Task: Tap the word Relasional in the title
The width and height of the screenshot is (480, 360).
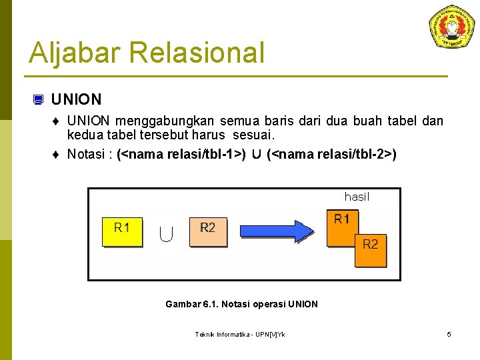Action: point(197,53)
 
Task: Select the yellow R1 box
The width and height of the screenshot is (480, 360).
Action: point(122,231)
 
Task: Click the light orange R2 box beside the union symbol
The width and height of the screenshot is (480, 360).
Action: point(208,231)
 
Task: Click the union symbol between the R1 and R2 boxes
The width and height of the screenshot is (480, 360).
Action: point(167,233)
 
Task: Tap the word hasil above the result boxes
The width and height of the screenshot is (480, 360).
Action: point(357,197)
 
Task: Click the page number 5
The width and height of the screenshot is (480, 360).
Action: point(449,334)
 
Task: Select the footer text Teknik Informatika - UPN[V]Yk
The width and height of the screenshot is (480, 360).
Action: point(240,334)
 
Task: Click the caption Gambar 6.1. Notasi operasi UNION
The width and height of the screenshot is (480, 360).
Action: point(241,304)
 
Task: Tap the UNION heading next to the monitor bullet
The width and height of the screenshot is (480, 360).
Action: point(76,100)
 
